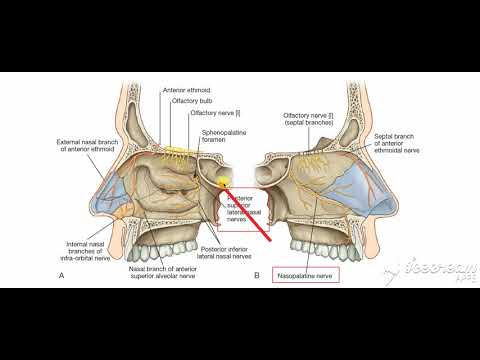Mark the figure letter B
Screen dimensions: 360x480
click(257, 274)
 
